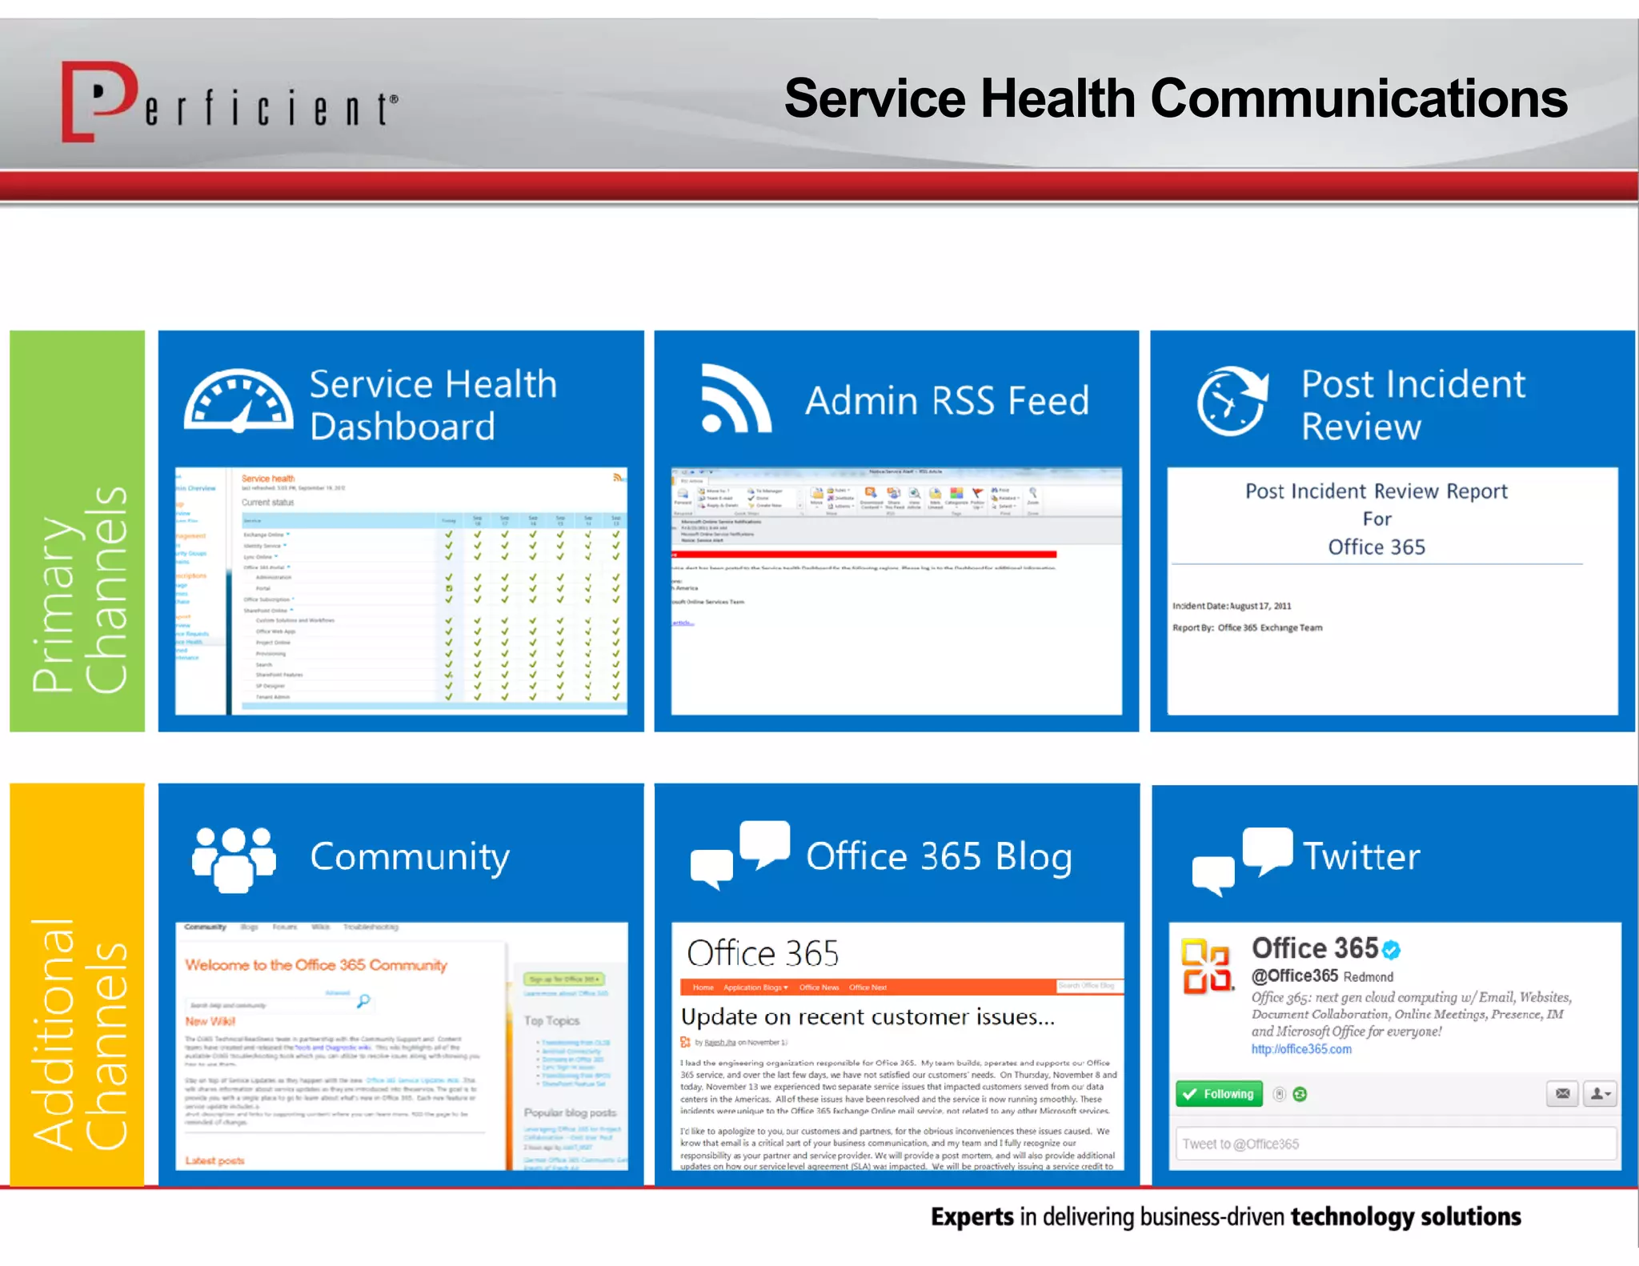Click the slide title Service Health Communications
point(1175,98)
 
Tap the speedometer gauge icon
point(238,401)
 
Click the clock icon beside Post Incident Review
point(1232,400)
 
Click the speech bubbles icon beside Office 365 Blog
point(740,855)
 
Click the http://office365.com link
point(1301,1049)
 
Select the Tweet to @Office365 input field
point(1394,1144)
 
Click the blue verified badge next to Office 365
point(1392,950)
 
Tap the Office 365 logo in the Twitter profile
point(1206,966)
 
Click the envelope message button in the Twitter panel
point(1562,1094)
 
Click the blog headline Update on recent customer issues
point(868,1017)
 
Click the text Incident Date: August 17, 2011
point(1232,606)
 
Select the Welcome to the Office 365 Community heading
point(316,965)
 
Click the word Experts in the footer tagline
point(972,1216)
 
